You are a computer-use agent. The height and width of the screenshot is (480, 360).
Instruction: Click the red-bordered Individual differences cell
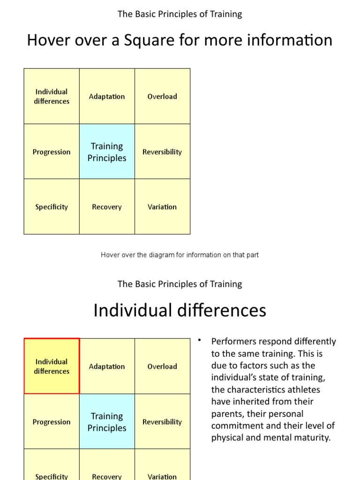coord(52,366)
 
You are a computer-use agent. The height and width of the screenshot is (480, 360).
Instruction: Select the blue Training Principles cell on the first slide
coord(107,152)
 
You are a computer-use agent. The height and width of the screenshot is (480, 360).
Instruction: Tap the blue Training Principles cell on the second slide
coord(107,422)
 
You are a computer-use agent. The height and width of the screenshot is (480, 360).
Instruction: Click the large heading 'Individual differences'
coord(180,310)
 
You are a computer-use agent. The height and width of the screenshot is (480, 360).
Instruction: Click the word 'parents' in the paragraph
coord(226,414)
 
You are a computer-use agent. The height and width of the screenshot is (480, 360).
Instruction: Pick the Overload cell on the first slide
coord(162,97)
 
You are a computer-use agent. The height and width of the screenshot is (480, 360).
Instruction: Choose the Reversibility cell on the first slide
coord(162,152)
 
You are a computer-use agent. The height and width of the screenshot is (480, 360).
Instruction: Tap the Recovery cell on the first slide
coord(107,207)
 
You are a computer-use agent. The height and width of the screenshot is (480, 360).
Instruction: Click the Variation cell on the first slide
coord(162,207)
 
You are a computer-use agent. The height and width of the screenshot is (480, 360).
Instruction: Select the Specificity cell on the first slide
coord(52,207)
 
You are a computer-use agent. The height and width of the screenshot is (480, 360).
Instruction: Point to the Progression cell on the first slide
coord(52,152)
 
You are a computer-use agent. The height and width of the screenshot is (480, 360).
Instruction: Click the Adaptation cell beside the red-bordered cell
coord(107,367)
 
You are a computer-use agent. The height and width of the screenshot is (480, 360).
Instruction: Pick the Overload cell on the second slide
coord(162,367)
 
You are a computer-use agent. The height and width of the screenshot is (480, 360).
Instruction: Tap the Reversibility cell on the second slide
coord(162,422)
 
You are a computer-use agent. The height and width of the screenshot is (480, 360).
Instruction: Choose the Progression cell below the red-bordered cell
coord(52,422)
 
